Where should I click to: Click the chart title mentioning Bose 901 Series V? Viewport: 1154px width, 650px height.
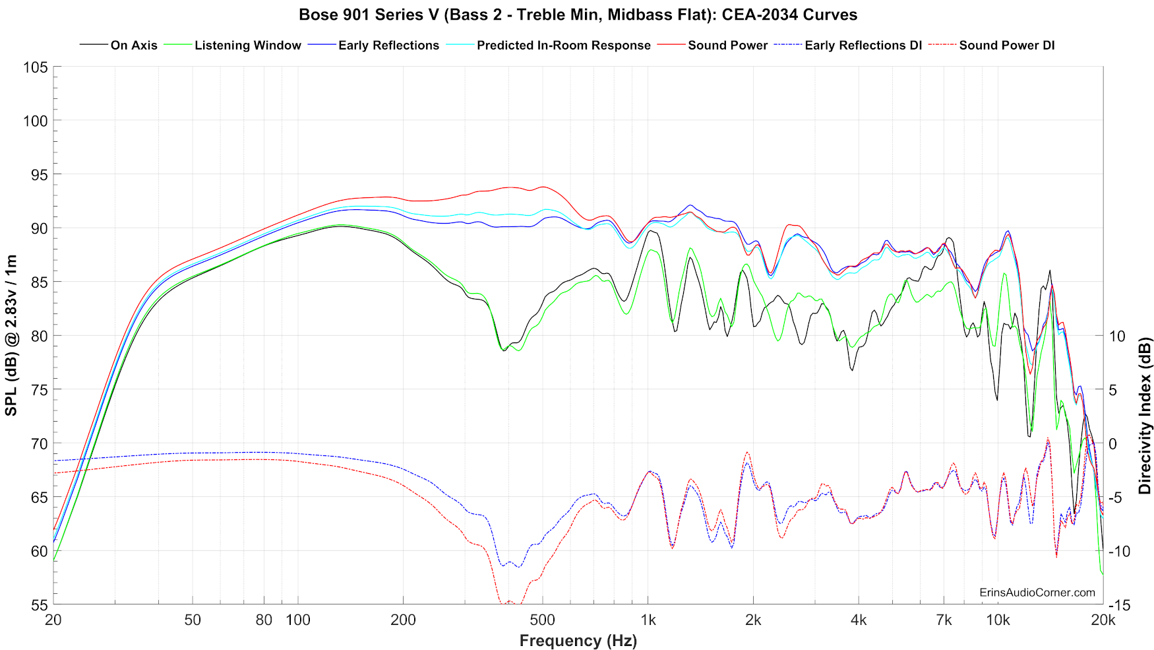[x=578, y=15]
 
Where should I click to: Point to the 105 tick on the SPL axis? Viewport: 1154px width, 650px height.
[x=35, y=67]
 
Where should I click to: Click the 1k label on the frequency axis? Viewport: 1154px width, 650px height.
[x=648, y=620]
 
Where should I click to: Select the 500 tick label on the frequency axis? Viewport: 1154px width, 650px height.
[x=543, y=620]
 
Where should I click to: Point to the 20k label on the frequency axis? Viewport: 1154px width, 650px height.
[x=1103, y=620]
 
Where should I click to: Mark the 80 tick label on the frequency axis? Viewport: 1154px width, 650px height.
[x=264, y=620]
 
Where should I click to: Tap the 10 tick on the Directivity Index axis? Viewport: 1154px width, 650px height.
[x=1117, y=336]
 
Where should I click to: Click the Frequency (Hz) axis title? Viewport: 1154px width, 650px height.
[x=578, y=641]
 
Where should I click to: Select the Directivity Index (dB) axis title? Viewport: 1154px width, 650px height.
[x=1145, y=416]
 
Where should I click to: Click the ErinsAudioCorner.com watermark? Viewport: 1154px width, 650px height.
[x=1037, y=593]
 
